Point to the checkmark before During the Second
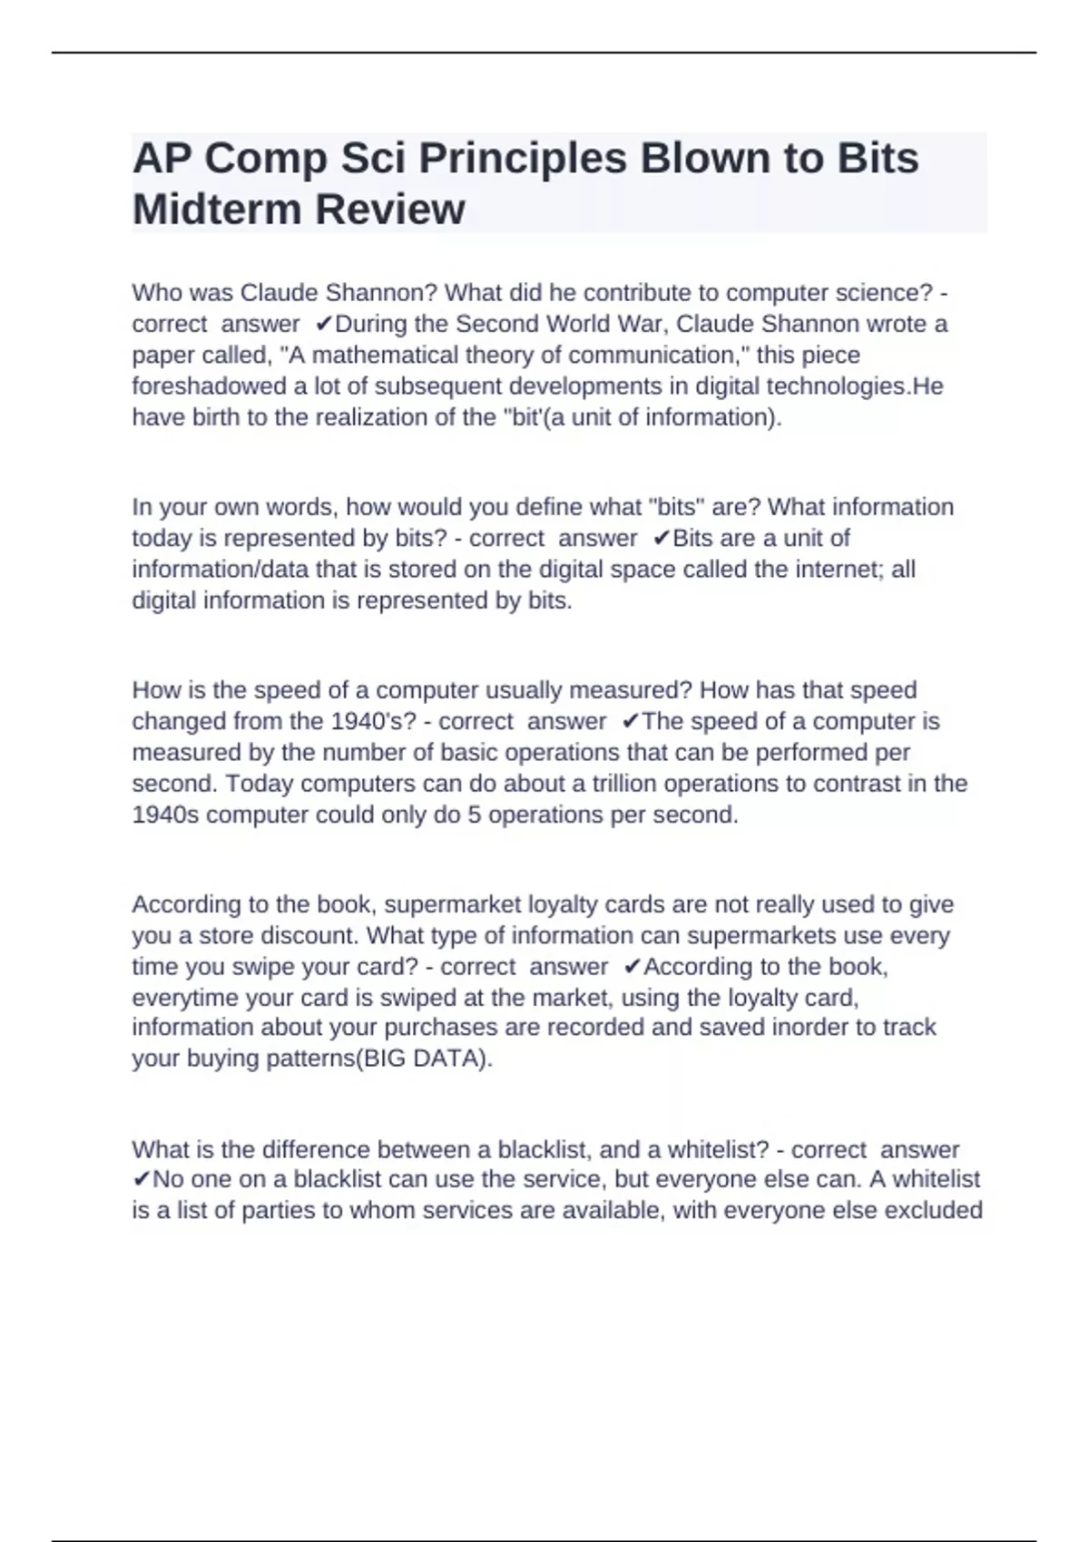click(323, 325)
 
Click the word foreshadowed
click(209, 386)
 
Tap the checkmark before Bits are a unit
click(662, 539)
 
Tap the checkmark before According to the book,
click(633, 968)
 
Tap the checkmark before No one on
click(141, 1180)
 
